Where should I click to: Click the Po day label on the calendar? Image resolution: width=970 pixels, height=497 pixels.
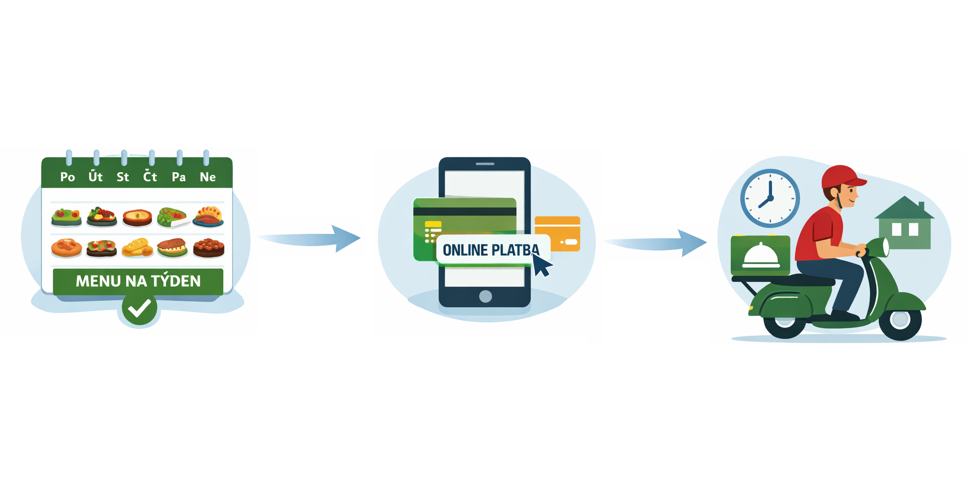click(67, 177)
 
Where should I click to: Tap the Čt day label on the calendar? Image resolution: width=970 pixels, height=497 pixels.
click(150, 177)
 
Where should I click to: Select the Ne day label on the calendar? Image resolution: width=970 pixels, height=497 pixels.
click(208, 177)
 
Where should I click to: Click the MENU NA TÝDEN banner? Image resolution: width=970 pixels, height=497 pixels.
click(138, 281)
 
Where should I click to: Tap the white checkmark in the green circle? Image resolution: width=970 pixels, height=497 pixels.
click(140, 308)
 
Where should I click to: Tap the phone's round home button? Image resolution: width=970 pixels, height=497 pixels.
click(485, 296)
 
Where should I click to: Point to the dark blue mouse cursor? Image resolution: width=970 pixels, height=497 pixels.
click(542, 265)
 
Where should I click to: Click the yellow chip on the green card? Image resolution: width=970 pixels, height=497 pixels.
click(433, 225)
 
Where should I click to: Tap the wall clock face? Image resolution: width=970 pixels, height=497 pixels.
click(770, 198)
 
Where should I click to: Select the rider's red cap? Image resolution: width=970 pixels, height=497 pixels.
click(842, 178)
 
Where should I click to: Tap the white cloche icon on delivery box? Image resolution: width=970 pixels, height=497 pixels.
click(760, 256)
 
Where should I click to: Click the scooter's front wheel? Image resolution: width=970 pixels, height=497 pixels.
click(900, 319)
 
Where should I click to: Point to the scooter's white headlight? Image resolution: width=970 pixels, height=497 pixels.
click(885, 247)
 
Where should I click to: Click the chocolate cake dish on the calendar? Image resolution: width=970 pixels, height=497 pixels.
click(209, 248)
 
